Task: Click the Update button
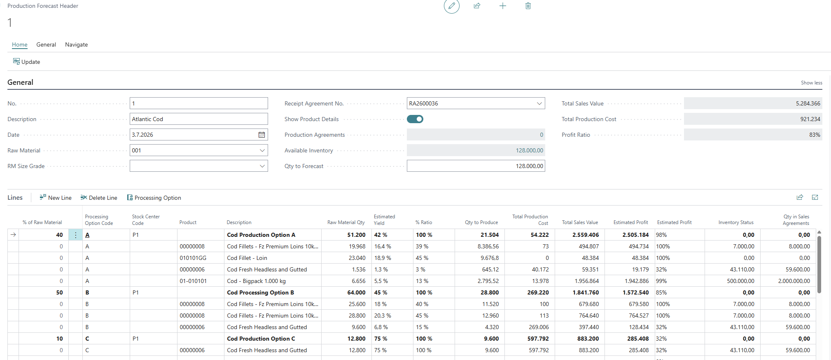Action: pyautogui.click(x=27, y=62)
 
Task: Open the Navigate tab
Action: pyautogui.click(x=76, y=44)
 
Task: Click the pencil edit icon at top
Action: pyautogui.click(x=452, y=6)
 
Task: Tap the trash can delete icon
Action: pyautogui.click(x=528, y=6)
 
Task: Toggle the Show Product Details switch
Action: pyautogui.click(x=415, y=119)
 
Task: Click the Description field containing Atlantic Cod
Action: pyautogui.click(x=198, y=119)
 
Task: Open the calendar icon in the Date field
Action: pyautogui.click(x=261, y=135)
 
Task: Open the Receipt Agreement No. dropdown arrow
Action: pyautogui.click(x=539, y=103)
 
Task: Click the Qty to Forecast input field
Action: pyautogui.click(x=476, y=166)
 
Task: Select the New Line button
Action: pyautogui.click(x=56, y=198)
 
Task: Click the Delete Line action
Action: pyautogui.click(x=99, y=198)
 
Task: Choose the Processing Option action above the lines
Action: pyautogui.click(x=154, y=198)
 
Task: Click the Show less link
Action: pyautogui.click(x=811, y=83)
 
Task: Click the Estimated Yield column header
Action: pyautogui.click(x=384, y=220)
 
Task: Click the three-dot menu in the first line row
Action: pyautogui.click(x=76, y=235)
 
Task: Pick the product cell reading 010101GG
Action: pyautogui.click(x=193, y=258)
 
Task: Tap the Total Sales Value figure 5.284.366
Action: pyautogui.click(x=808, y=103)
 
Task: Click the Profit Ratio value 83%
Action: pyautogui.click(x=815, y=135)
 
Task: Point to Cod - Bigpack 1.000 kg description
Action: pyautogui.click(x=256, y=281)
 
